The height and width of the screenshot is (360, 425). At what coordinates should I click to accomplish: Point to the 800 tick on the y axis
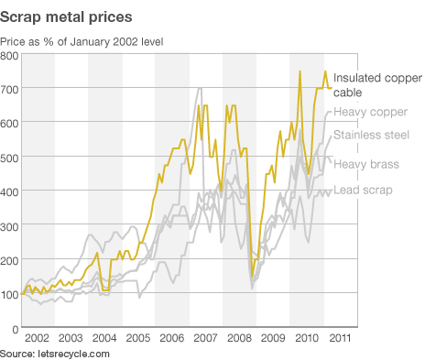point(10,57)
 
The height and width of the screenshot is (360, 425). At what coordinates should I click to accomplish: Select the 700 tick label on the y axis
point(10,91)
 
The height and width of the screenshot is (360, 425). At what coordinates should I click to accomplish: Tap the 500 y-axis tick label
point(10,158)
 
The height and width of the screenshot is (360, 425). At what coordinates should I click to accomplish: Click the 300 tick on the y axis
point(10,226)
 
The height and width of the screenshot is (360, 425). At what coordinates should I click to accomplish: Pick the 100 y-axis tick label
point(10,294)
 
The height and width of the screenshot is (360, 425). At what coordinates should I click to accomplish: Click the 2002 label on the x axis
point(38,340)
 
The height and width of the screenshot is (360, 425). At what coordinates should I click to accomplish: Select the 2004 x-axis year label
point(105,340)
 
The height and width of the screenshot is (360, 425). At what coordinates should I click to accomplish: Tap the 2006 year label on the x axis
point(172,340)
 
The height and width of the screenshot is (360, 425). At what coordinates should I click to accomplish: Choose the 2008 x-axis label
point(240,340)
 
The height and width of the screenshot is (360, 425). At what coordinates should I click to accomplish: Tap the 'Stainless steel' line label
point(372,136)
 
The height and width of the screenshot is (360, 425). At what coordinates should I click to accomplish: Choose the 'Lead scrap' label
point(363,190)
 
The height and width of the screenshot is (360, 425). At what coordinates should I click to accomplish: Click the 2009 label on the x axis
point(274,340)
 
